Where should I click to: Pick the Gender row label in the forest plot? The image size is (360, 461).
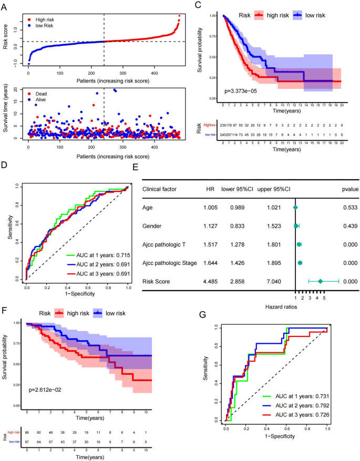click(x=152, y=227)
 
